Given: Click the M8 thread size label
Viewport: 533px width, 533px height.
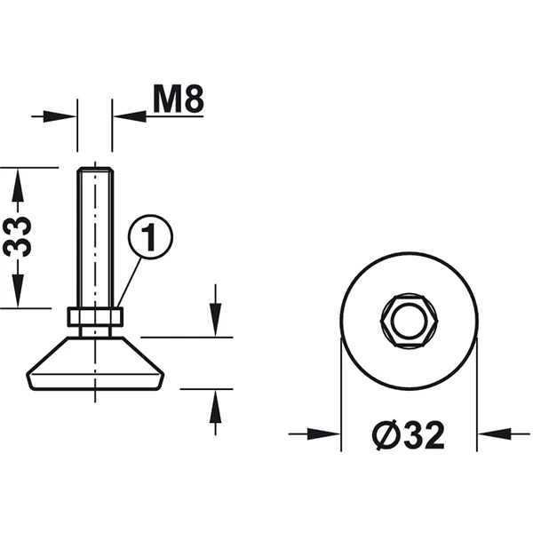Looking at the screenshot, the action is [179, 99].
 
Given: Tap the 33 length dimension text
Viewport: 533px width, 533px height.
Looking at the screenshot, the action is [17, 237].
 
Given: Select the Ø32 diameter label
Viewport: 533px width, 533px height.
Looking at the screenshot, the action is [409, 435].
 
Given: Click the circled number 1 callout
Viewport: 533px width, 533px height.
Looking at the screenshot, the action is [150, 237].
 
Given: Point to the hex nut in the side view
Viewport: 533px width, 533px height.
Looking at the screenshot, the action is [95, 316].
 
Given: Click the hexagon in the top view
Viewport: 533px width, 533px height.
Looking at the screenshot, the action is [409, 321].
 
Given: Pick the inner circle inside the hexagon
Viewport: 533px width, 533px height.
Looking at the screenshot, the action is [409, 321].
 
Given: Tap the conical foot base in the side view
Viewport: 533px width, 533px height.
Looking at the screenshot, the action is [95, 363].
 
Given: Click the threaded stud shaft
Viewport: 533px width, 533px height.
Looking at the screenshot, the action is [95, 237].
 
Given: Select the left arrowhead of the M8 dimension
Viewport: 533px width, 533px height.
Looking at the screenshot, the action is [60, 116].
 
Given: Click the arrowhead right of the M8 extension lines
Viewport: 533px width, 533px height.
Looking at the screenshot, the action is [130, 116].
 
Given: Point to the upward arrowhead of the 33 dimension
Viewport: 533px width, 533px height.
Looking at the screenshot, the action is [18, 187].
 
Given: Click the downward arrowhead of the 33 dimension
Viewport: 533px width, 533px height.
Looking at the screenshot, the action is [18, 290].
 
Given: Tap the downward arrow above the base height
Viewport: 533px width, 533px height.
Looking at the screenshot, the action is [215, 310].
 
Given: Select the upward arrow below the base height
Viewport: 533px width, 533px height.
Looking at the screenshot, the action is [215, 412].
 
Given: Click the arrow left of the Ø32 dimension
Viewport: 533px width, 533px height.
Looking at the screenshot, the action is [314, 434].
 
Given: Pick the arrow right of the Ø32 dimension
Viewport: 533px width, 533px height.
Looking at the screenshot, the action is [504, 434].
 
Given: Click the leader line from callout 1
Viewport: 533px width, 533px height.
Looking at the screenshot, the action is [129, 282].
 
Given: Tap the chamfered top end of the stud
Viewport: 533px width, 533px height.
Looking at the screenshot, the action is [95, 170].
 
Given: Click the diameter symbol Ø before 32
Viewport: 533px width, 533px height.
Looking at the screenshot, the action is [386, 435].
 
